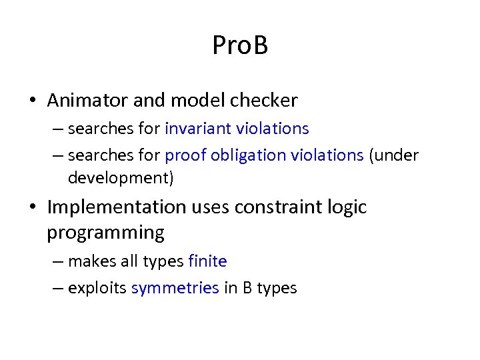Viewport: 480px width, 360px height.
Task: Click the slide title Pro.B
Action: click(x=240, y=46)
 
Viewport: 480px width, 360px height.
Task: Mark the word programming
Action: click(x=105, y=233)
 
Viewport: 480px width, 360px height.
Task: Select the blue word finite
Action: click(x=207, y=261)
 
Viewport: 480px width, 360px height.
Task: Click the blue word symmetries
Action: click(x=175, y=288)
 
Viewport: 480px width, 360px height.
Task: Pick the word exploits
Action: click(x=97, y=288)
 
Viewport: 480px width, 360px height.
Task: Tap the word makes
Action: click(x=91, y=261)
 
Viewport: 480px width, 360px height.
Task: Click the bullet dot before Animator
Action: click(x=33, y=101)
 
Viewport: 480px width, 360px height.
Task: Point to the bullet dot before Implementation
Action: click(x=33, y=208)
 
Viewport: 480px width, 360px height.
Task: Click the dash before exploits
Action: click(x=57, y=288)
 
